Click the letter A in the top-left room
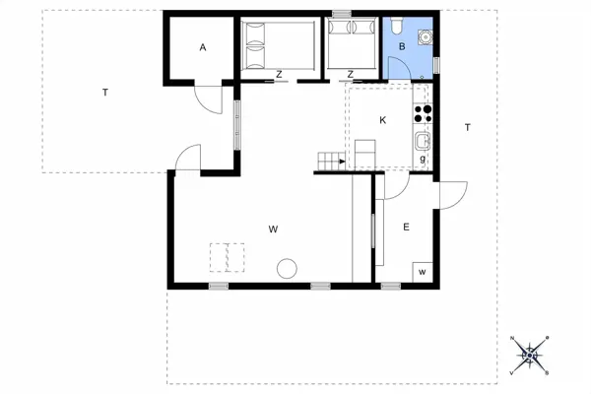pyautogui.click(x=203, y=47)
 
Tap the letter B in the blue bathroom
pyautogui.click(x=401, y=46)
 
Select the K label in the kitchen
pyautogui.click(x=383, y=120)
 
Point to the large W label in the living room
pyautogui.click(x=273, y=229)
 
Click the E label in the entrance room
pyautogui.click(x=405, y=228)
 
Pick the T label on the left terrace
pyautogui.click(x=104, y=93)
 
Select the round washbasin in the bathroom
pyautogui.click(x=426, y=38)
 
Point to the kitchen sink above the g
pyautogui.click(x=423, y=139)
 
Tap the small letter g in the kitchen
pyautogui.click(x=423, y=159)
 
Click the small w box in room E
pyautogui.click(x=422, y=271)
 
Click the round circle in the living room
pyautogui.click(x=287, y=267)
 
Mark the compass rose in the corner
pyautogui.click(x=530, y=355)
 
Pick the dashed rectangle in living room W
pyautogui.click(x=227, y=257)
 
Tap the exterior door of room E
pyautogui.click(x=451, y=195)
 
